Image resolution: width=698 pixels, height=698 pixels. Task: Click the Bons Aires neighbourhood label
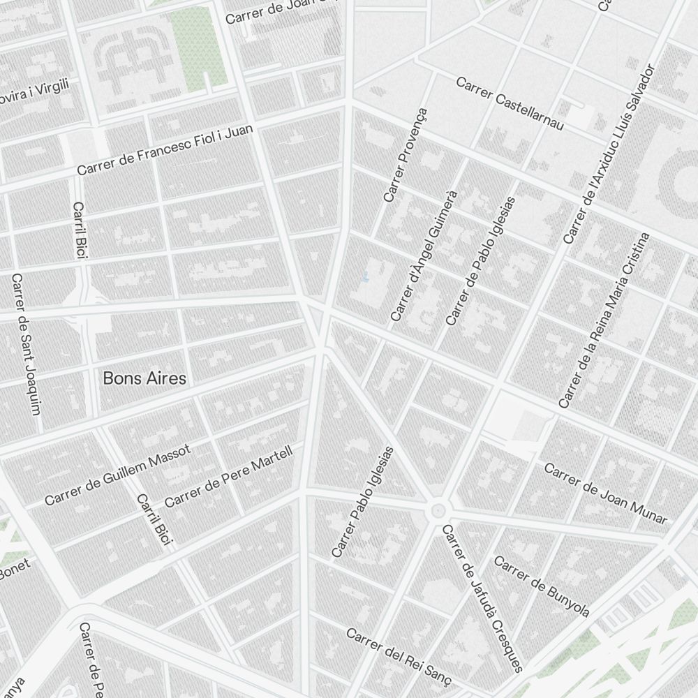click(144, 378)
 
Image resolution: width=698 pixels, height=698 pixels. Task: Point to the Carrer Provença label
click(405, 156)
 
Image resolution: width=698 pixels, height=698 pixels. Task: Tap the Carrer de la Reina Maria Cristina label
click(604, 320)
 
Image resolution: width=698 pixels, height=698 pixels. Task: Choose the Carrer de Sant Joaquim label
click(27, 343)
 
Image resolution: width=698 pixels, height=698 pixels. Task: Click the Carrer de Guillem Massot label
click(117, 475)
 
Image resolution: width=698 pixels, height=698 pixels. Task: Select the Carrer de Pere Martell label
click(229, 477)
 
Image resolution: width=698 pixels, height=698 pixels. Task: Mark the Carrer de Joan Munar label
click(605, 493)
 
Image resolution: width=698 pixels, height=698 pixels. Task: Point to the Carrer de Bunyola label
click(542, 586)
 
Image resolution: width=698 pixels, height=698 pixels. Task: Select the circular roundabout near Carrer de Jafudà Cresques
click(438, 510)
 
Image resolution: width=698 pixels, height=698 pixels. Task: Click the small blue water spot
click(364, 279)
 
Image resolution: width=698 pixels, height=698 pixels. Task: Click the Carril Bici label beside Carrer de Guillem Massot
click(154, 519)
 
